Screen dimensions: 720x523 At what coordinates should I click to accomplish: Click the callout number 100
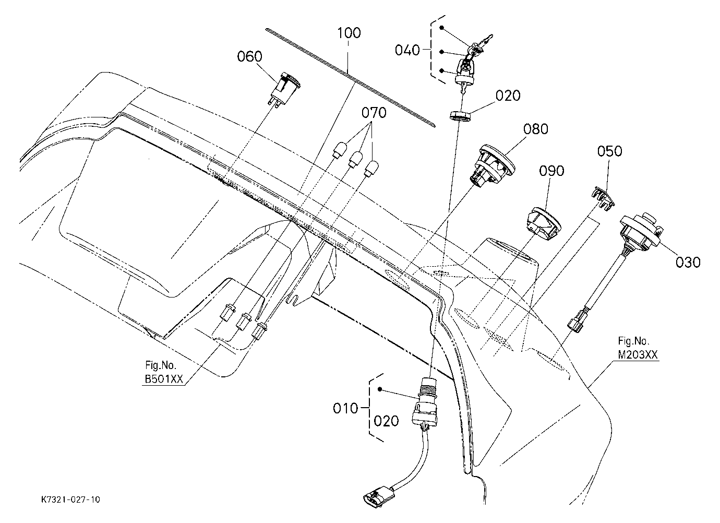tap(349, 33)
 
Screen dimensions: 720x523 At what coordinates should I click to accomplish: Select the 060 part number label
tap(249, 56)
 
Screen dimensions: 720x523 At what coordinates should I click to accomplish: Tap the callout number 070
tap(374, 113)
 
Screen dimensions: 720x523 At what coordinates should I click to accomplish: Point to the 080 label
tap(536, 129)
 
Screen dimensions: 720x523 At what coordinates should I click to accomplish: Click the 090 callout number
tap(551, 171)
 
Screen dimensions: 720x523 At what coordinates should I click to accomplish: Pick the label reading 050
tap(610, 151)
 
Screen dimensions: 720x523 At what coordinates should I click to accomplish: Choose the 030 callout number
tap(688, 263)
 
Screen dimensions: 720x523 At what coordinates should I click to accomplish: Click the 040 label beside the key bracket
tap(407, 51)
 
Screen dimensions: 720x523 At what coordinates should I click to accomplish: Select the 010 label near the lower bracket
tap(345, 409)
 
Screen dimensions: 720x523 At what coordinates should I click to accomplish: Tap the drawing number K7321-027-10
tap(71, 500)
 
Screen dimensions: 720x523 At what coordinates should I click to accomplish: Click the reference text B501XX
tap(164, 379)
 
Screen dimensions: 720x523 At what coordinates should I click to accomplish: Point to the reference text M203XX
tap(638, 355)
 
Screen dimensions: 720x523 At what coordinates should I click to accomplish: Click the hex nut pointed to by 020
tap(460, 116)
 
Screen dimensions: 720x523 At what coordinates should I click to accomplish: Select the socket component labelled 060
tap(285, 88)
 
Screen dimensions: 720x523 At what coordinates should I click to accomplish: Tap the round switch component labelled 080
tap(494, 165)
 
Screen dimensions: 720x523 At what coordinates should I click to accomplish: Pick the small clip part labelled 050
tap(602, 199)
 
